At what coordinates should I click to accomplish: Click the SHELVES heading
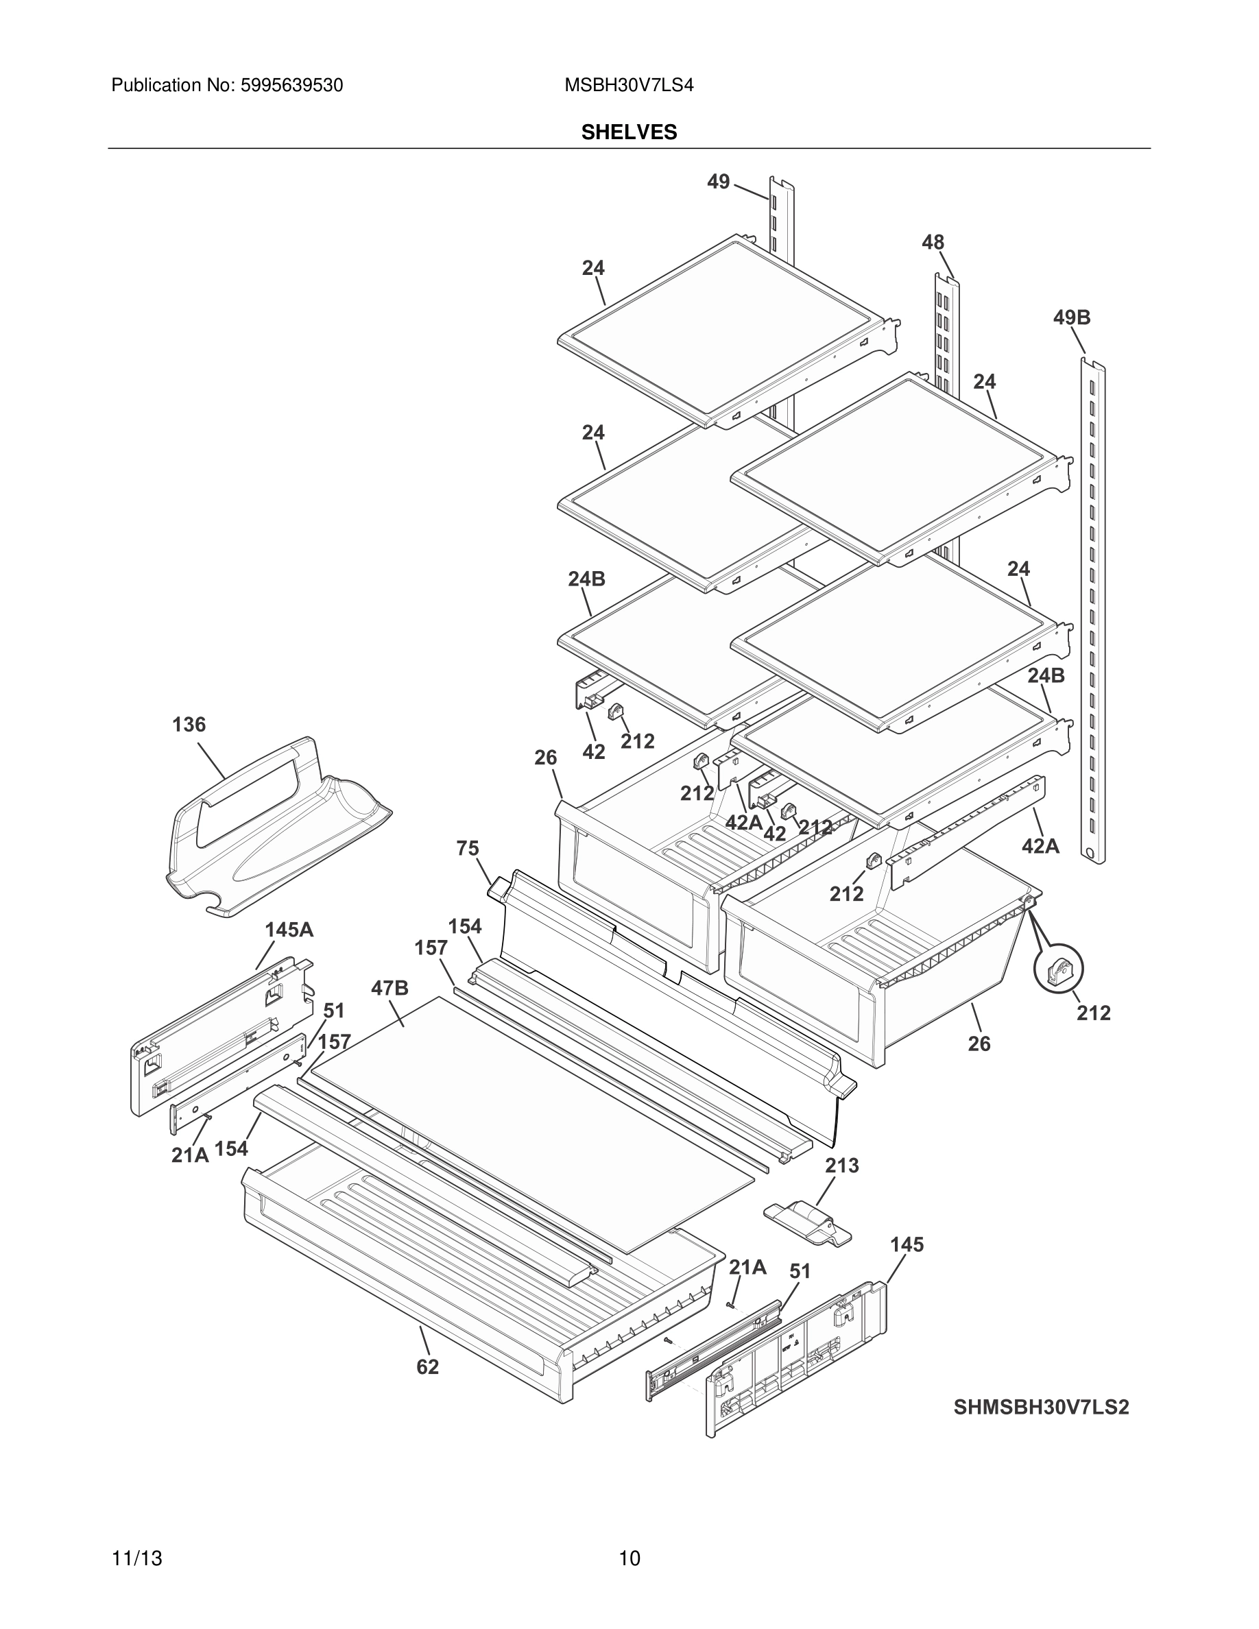click(x=629, y=132)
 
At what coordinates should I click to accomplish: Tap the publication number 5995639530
click(x=291, y=86)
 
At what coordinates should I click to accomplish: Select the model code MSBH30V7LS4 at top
click(x=629, y=86)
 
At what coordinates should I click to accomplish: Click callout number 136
click(x=189, y=724)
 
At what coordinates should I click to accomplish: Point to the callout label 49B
click(x=1071, y=317)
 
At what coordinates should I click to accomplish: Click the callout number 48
click(x=933, y=243)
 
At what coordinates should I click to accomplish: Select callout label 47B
click(x=389, y=988)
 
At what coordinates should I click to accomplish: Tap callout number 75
click(x=468, y=849)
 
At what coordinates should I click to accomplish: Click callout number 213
click(x=841, y=1165)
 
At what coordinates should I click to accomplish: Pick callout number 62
click(x=427, y=1367)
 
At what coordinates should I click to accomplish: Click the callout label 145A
click(x=289, y=930)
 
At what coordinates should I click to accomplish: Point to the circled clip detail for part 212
click(x=1057, y=969)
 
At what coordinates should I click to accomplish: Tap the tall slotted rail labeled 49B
click(x=1092, y=612)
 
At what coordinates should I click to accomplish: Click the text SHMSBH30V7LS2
click(x=1041, y=1408)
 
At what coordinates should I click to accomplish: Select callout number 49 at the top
click(x=717, y=181)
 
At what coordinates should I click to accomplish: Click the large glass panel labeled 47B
click(x=522, y=1119)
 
